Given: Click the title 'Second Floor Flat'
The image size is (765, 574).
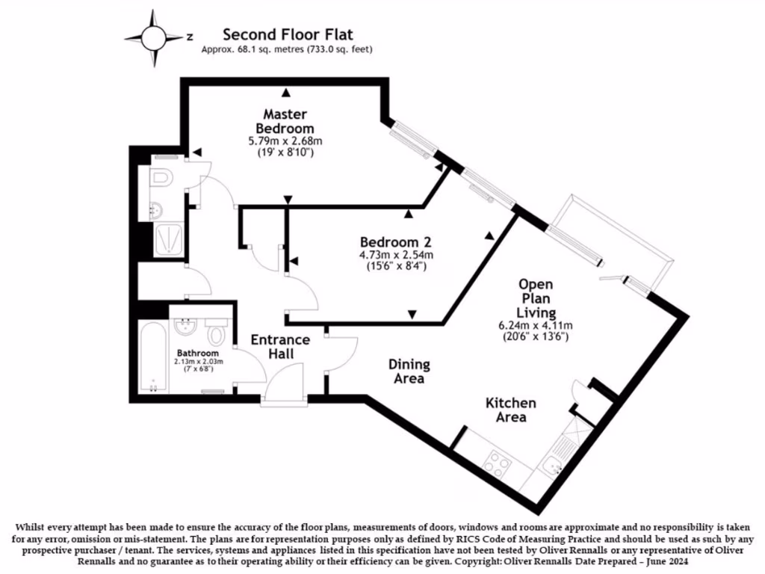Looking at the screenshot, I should point(288,34).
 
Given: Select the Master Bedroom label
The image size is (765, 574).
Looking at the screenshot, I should point(285,121).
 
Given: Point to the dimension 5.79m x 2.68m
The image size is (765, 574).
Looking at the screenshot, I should point(285,141).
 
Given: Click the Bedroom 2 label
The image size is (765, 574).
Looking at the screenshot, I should point(396,243).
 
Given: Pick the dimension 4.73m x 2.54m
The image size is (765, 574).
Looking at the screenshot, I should point(396,255).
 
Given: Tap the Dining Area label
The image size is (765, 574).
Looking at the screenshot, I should point(409,371).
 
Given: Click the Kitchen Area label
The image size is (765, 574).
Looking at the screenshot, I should point(511,410).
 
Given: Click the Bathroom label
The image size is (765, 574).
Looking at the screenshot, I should point(198,353).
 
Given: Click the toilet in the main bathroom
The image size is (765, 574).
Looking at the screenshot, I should point(217,331).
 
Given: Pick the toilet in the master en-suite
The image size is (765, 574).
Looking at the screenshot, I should point(161,179).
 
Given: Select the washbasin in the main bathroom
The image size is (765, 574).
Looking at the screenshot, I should point(184,327).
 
